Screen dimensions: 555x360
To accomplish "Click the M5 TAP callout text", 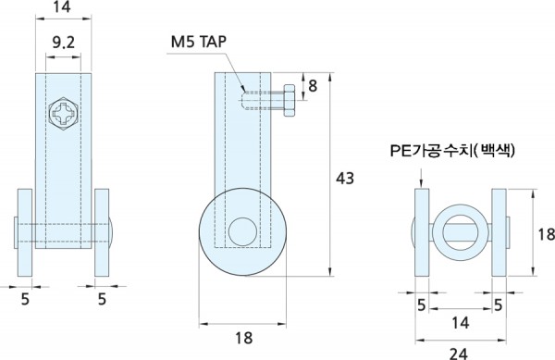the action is pos(199,42).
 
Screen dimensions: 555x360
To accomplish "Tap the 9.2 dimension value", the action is pos(63,43).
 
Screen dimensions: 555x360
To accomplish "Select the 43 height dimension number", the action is pos(345,178).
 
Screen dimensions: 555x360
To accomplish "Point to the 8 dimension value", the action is pos(313,86).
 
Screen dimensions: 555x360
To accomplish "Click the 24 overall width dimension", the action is pos(459,353).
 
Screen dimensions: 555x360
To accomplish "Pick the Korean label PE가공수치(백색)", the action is pos(452,151).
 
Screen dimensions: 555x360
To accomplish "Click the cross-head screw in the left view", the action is pos(63,113).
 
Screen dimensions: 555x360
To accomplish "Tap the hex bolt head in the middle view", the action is pos(290,101).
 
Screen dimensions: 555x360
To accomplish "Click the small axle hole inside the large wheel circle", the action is pos(242,231).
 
